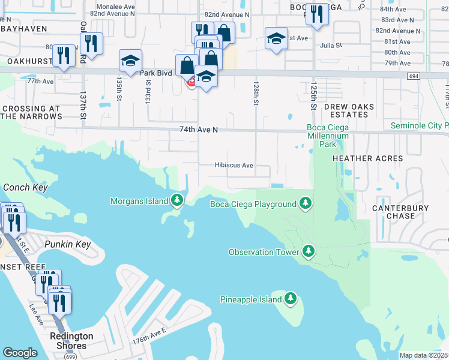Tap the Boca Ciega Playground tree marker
306,203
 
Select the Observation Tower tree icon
309,251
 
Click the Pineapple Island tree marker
291,298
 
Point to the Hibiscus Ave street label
234,166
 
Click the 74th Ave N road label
198,129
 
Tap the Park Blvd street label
155,73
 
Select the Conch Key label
25,187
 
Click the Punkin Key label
67,244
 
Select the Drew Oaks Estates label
349,110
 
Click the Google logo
20,352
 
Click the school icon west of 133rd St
130,60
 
